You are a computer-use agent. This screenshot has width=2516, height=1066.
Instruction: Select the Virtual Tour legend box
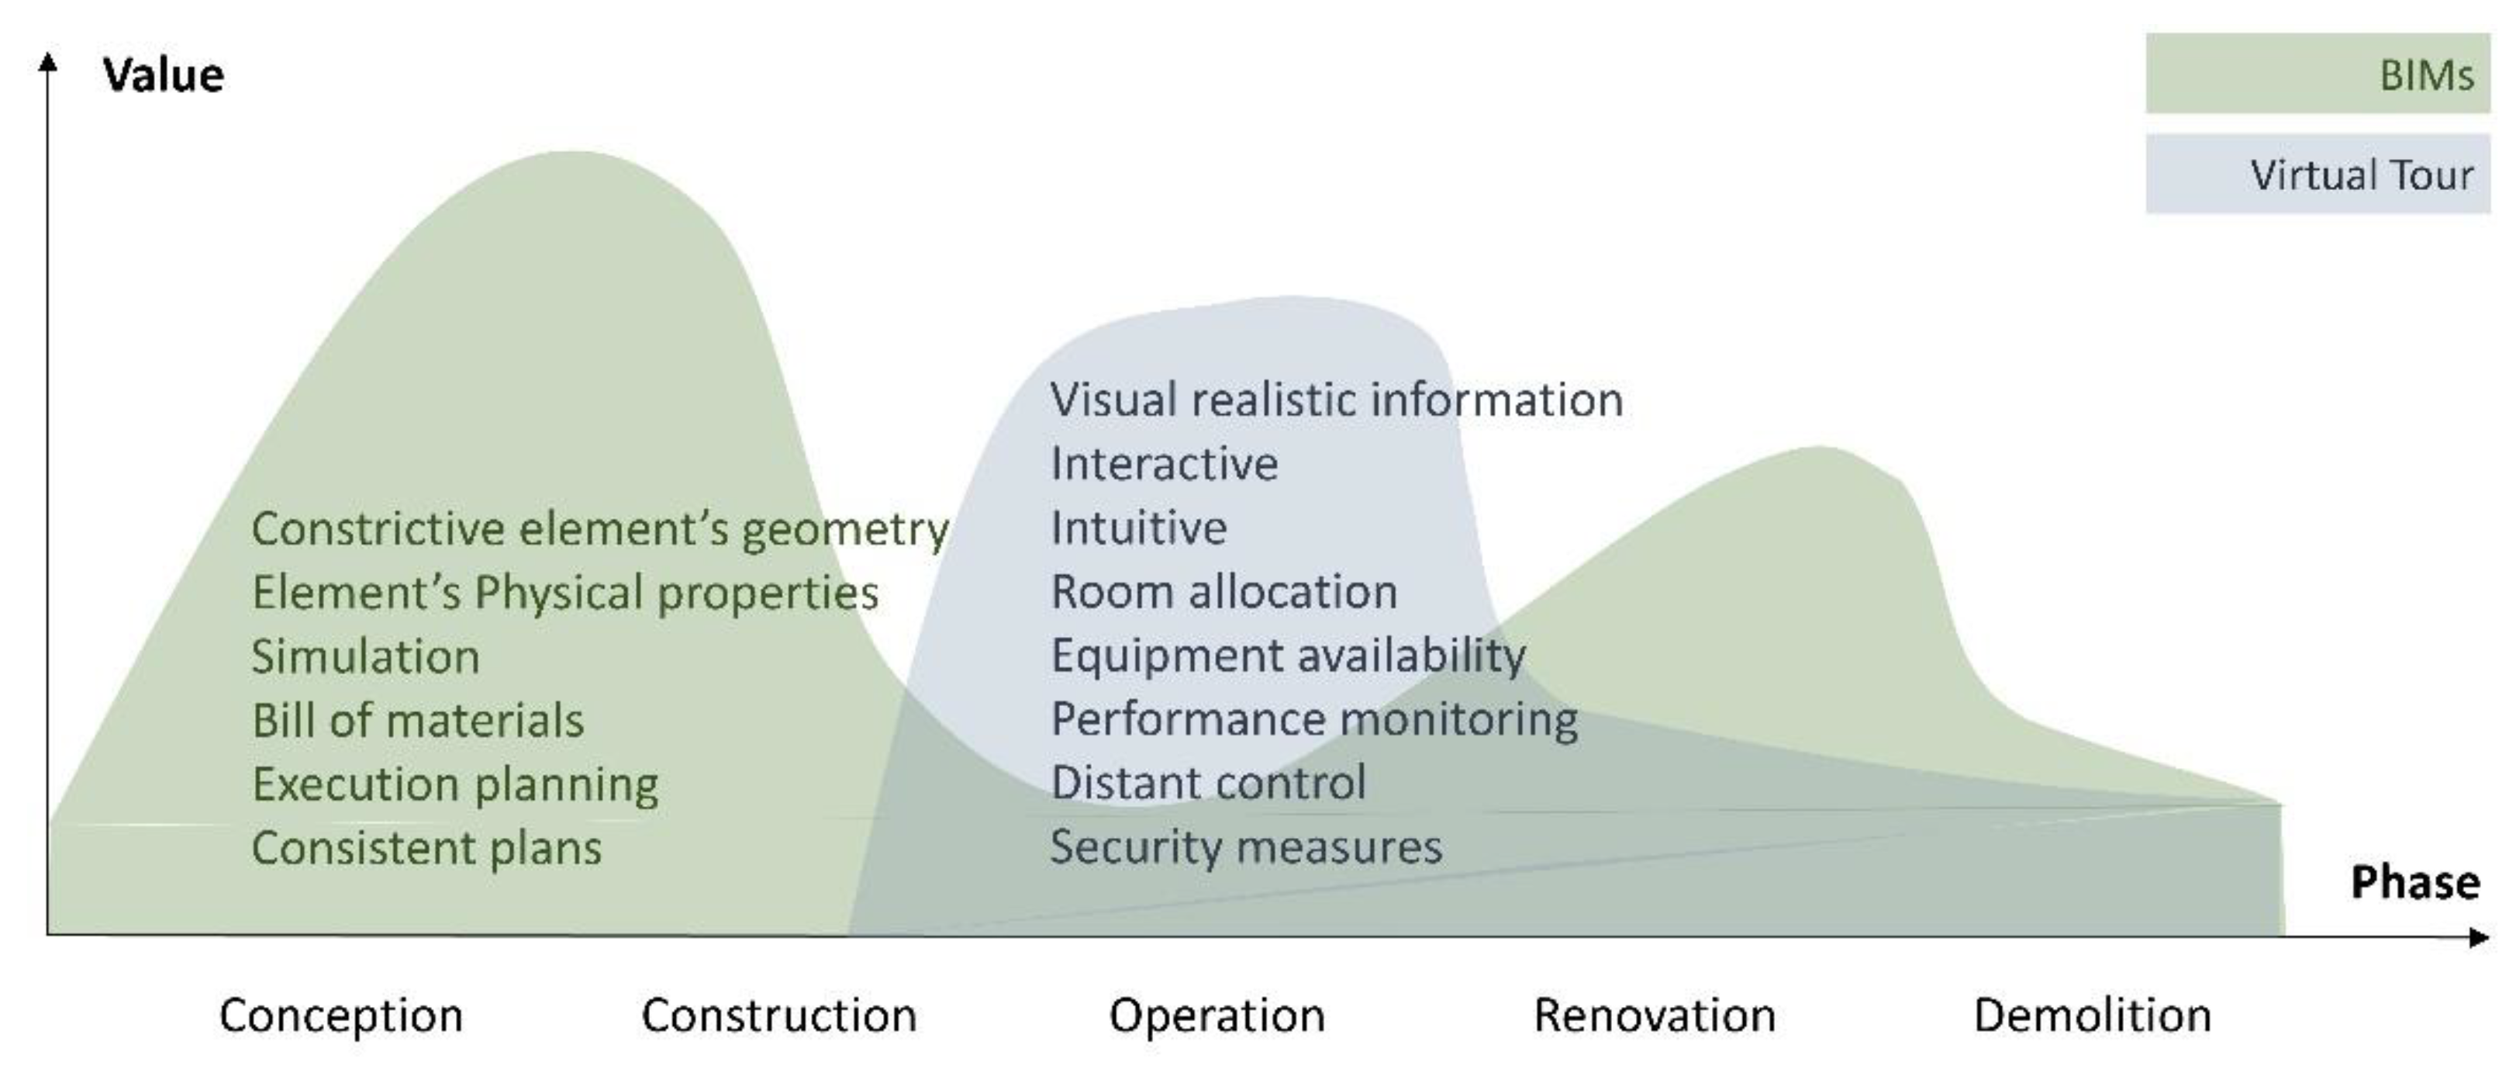[x=2316, y=174]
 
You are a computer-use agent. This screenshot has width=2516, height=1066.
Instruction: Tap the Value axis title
[x=163, y=75]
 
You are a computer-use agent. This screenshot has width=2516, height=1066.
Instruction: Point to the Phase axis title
[x=2414, y=882]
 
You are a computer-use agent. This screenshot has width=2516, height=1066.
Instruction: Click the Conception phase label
[x=341, y=1016]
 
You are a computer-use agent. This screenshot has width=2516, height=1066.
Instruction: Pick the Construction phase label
[x=778, y=1016]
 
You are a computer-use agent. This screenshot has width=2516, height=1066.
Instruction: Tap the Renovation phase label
[x=1654, y=1016]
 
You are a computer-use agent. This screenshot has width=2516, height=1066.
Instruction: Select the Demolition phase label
[x=2092, y=1016]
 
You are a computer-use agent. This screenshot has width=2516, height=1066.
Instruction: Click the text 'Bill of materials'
[x=417, y=720]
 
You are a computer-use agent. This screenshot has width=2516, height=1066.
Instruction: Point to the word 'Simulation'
[x=365, y=656]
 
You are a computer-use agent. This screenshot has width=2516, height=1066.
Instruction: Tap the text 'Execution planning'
[x=455, y=784]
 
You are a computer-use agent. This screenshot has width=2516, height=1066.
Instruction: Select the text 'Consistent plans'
[x=426, y=847]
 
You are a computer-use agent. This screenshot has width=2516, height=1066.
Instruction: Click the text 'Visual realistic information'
[x=1336, y=400]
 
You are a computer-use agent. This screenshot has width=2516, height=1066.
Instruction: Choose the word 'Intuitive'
[x=1138, y=528]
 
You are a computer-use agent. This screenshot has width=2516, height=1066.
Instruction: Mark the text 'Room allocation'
[x=1223, y=591]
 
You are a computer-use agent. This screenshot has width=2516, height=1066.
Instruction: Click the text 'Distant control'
[x=1207, y=783]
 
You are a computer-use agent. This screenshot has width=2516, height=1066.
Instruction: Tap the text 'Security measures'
[x=1245, y=846]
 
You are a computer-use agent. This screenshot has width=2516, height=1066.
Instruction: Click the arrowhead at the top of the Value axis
[x=47, y=61]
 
